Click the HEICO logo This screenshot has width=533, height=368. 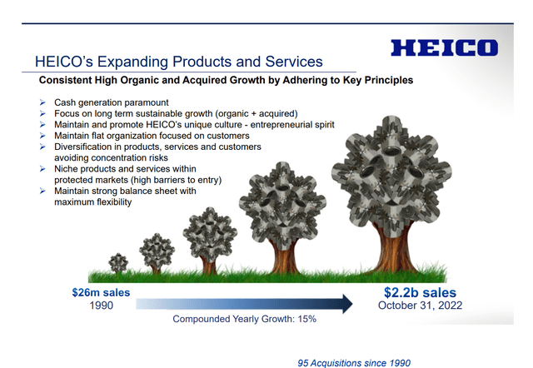coord(444,47)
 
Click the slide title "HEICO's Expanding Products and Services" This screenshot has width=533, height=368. coord(179,62)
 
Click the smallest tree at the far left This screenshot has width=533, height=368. coord(119,263)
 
